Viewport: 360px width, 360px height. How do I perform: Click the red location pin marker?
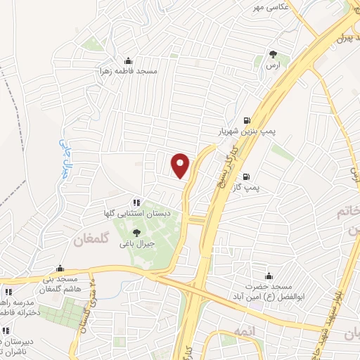click(x=181, y=165)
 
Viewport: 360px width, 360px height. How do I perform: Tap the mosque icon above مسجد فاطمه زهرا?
click(x=127, y=60)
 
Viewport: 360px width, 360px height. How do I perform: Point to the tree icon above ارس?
click(x=273, y=53)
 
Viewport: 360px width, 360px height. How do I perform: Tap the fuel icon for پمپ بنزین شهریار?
click(x=246, y=120)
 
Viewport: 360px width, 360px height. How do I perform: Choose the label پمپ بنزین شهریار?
click(x=240, y=131)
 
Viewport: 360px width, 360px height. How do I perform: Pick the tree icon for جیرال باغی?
click(x=136, y=233)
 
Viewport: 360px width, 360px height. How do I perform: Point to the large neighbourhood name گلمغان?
click(x=91, y=240)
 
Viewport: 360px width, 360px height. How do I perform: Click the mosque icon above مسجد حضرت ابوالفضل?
click(x=268, y=276)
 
